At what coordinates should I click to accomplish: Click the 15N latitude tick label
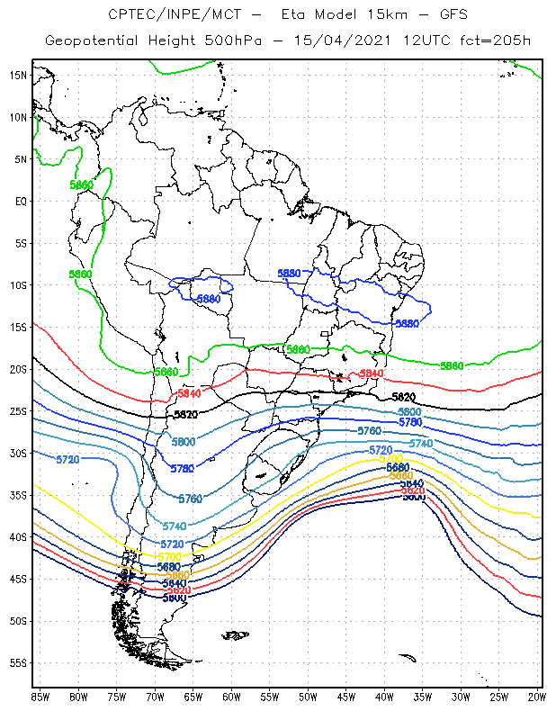(18, 75)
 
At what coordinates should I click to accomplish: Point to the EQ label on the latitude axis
(20, 201)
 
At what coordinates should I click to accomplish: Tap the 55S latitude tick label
(18, 662)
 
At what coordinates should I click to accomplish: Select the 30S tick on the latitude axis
(18, 453)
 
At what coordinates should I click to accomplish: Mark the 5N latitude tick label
(20, 159)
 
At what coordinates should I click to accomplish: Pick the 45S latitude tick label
(18, 579)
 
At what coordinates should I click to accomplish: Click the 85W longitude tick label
(40, 697)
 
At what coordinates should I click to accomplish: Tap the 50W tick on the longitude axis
(308, 697)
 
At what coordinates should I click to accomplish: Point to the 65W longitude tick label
(193, 697)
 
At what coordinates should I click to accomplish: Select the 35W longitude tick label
(423, 697)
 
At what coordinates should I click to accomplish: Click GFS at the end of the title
(453, 14)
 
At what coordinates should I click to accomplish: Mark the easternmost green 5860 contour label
(452, 365)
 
